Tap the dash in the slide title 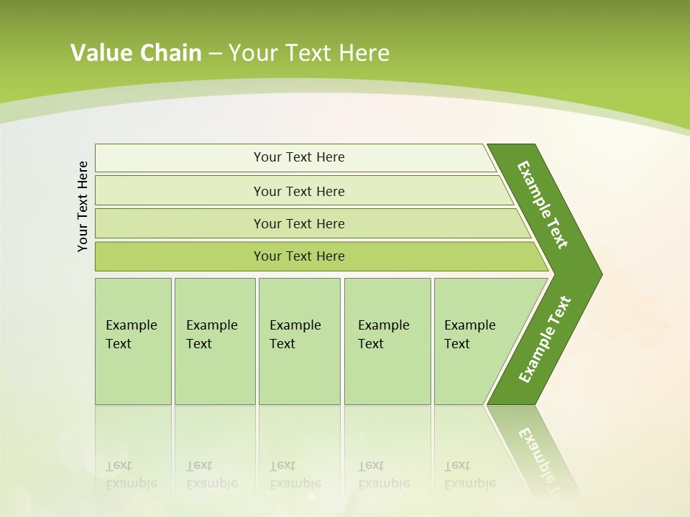(215, 54)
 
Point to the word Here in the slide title (364, 53)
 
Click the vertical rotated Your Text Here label (83, 206)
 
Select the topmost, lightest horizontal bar (298, 157)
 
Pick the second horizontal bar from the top (298, 191)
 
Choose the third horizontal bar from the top (298, 223)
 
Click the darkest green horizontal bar (298, 256)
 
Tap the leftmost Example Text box (133, 341)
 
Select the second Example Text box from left (214, 341)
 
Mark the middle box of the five (299, 341)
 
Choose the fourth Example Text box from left (387, 341)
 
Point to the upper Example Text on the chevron (543, 205)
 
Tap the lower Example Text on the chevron (544, 340)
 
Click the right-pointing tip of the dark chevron (598, 274)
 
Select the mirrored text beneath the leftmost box (132, 475)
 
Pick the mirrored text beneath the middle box (295, 475)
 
